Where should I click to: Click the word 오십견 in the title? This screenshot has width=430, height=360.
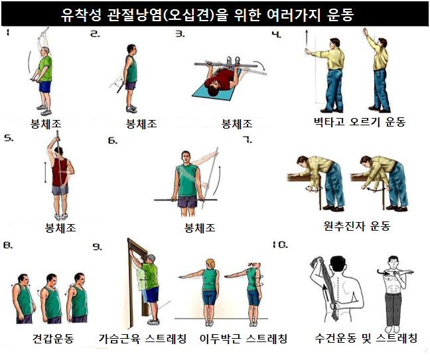click(x=188, y=15)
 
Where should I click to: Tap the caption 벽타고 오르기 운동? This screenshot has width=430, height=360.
click(x=360, y=122)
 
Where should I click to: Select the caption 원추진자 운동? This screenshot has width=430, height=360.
click(x=357, y=226)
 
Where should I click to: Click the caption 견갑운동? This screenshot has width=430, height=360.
click(x=53, y=339)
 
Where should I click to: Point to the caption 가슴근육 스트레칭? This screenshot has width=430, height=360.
click(x=143, y=339)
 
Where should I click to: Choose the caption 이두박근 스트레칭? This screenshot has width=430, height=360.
click(x=244, y=339)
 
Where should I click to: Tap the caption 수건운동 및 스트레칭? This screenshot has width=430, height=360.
click(x=366, y=338)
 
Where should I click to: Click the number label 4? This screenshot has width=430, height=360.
click(x=277, y=34)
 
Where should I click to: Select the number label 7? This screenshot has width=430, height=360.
click(x=248, y=140)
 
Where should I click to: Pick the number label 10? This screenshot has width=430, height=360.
click(x=280, y=245)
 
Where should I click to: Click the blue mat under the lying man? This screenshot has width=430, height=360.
click(x=216, y=88)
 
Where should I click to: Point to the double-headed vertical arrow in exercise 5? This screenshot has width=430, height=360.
click(x=46, y=172)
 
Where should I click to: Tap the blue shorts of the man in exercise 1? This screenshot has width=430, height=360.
click(x=45, y=87)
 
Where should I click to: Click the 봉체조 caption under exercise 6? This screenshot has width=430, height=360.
click(x=200, y=228)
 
